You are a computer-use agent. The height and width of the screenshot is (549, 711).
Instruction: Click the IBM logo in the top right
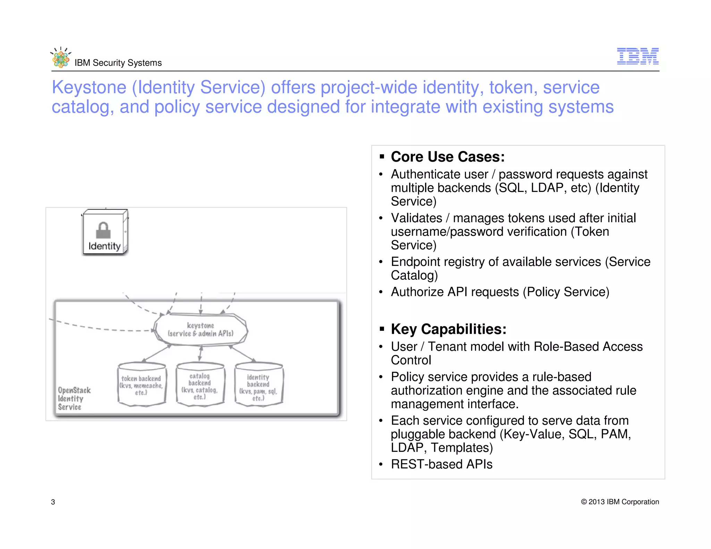[x=637, y=56]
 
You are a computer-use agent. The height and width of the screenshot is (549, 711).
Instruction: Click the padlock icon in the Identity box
[x=103, y=230]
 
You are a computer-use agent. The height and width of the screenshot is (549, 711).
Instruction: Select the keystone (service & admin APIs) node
[x=201, y=330]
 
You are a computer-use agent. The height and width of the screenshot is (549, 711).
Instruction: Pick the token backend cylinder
[x=141, y=385]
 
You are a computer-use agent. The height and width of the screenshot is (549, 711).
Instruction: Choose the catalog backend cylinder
[x=200, y=385]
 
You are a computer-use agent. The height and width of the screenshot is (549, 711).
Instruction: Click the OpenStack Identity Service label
[x=74, y=398]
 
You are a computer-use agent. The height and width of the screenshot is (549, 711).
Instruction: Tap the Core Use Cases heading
[x=447, y=157]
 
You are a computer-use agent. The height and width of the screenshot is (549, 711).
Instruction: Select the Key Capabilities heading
[x=448, y=329]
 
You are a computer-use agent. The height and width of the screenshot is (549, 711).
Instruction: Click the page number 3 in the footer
[x=53, y=502]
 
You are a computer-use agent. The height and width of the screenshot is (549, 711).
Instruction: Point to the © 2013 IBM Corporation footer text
[x=620, y=502]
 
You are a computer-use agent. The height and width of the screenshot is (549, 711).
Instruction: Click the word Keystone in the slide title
[x=89, y=87]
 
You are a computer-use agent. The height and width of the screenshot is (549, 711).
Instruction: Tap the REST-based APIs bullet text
[x=442, y=464]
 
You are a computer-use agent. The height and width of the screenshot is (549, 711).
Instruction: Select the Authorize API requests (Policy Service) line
[x=500, y=292]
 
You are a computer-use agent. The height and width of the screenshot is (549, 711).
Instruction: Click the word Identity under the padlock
[x=104, y=246]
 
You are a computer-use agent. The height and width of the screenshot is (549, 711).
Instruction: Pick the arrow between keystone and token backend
[x=157, y=353]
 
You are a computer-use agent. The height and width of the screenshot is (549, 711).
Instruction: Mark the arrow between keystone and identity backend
[x=242, y=353]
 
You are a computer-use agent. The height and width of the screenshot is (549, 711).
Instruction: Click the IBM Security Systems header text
[x=118, y=63]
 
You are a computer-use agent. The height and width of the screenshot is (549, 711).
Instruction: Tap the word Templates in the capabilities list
[x=462, y=448]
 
